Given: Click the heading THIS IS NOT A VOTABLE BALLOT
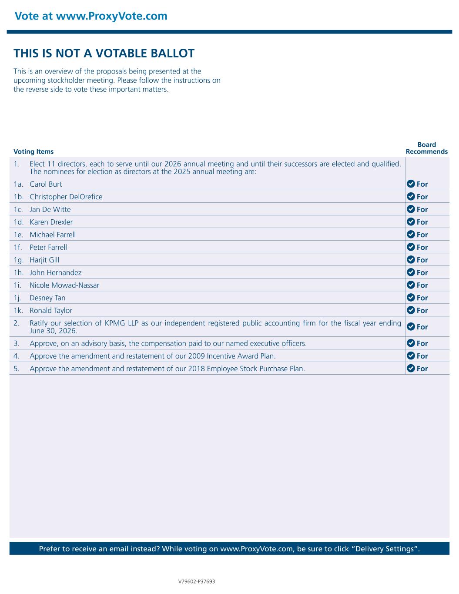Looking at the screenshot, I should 104,54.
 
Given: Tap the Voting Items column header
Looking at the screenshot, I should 34,152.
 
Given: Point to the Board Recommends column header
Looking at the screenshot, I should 426,148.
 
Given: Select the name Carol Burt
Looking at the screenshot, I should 46,184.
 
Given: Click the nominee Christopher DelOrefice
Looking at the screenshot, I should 66,197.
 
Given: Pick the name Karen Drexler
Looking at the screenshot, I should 51,222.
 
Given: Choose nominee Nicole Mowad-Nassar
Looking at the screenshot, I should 64,285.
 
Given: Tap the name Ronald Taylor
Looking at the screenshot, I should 51,310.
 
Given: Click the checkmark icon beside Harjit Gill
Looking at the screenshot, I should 411,260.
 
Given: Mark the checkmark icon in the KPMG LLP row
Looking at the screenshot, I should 411,326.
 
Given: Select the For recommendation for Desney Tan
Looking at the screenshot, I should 422,298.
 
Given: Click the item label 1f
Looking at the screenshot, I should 18,247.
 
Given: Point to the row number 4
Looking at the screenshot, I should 16,356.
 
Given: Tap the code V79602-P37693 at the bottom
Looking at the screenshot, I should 197,581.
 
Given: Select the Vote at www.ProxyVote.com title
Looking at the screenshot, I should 91,16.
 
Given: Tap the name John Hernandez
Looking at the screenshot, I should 55,272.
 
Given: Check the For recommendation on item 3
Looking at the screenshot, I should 422,343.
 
